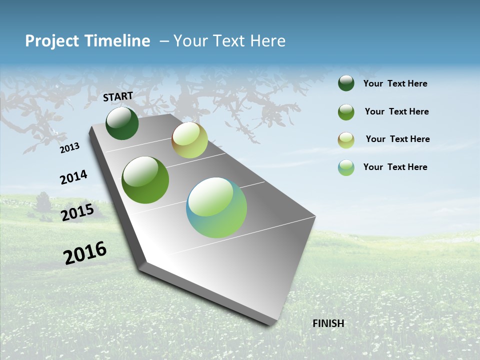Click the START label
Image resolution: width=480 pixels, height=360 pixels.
(118, 96)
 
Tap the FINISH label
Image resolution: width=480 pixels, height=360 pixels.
(328, 323)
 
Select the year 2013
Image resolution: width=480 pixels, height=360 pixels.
(69, 147)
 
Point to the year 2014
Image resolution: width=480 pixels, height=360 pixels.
(73, 177)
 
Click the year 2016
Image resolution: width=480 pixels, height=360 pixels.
(85, 253)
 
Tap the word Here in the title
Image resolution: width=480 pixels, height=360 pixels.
(267, 41)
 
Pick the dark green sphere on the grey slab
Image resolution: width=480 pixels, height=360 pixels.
(122, 123)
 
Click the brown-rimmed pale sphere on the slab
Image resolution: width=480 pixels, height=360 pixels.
(189, 140)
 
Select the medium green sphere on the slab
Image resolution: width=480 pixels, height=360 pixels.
(145, 180)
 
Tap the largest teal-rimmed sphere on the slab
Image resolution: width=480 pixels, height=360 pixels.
(216, 207)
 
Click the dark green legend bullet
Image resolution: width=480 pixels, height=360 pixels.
(346, 83)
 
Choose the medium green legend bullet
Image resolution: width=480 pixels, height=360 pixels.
(346, 112)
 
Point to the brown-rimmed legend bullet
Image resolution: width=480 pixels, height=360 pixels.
(346, 139)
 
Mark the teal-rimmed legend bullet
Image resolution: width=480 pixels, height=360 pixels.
(346, 167)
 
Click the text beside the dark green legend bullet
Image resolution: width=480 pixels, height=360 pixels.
(395, 84)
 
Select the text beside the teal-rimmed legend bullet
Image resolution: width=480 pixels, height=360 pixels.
(395, 167)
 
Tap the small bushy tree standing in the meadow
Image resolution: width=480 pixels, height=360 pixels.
(43, 202)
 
